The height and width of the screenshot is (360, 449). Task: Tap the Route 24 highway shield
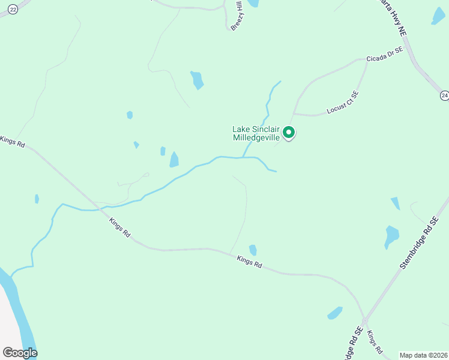(444, 95)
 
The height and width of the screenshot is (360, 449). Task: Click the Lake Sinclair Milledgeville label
(256, 133)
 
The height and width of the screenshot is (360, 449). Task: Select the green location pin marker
(289, 133)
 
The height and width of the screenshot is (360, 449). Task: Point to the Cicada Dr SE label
(384, 56)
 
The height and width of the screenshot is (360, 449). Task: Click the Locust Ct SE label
(343, 102)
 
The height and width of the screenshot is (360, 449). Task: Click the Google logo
(20, 353)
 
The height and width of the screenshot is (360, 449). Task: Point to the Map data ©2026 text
(423, 355)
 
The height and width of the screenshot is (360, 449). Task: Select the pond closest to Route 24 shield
(438, 16)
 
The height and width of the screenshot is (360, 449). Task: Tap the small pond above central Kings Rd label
(253, 250)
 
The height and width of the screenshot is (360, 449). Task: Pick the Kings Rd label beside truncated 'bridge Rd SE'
(375, 340)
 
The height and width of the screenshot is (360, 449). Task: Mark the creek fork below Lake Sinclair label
(243, 157)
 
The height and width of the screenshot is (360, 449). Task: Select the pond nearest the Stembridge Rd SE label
(391, 236)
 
